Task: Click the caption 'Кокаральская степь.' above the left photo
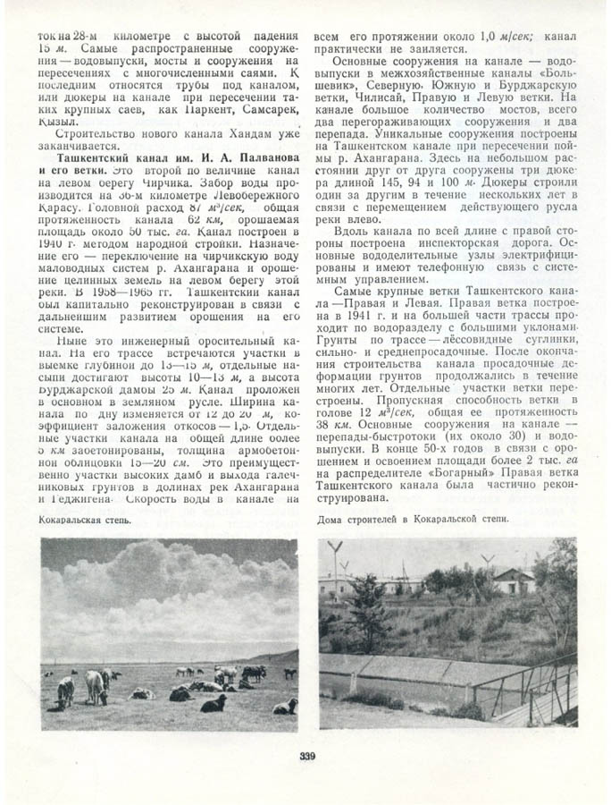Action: (86, 519)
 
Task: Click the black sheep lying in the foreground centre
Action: (213, 703)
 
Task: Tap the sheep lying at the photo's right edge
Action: (285, 706)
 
